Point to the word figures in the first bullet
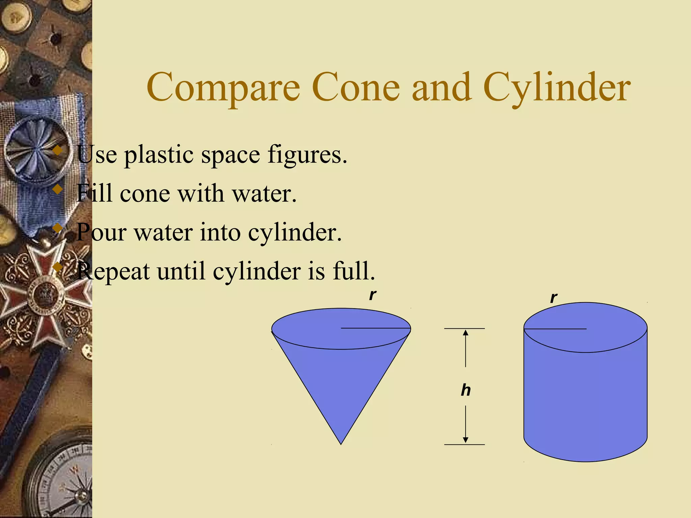307,155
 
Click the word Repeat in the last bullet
113,271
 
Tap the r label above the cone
372,295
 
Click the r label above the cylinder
553,298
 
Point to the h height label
466,390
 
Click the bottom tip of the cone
341,443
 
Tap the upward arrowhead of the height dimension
466,333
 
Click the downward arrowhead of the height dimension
466,440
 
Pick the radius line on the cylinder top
555,328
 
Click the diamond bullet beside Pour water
58,228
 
